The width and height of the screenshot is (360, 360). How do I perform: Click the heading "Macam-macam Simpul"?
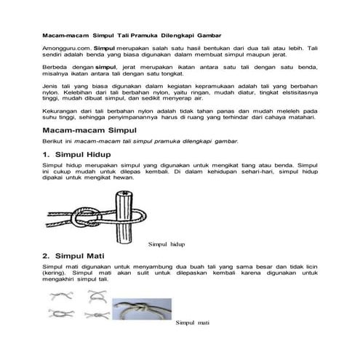click(x=87, y=150)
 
